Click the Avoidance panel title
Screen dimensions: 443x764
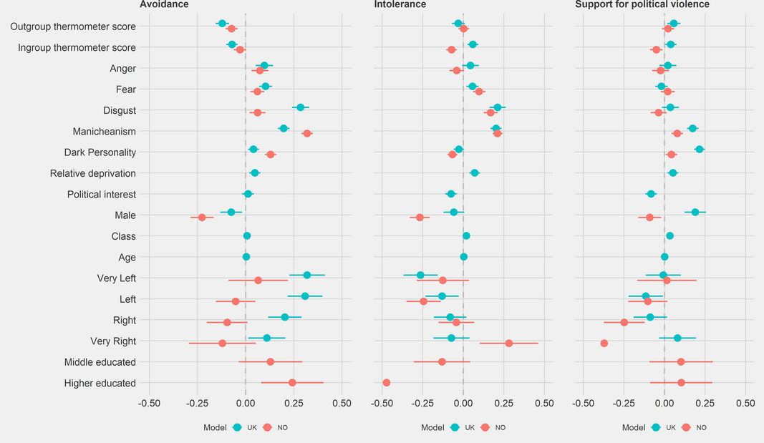[164, 5]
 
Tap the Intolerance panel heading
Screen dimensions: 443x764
[400, 5]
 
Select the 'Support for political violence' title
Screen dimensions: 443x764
[642, 5]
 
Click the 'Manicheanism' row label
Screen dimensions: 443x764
[104, 132]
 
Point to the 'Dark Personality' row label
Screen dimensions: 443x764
[100, 152]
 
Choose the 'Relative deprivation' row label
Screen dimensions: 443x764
[92, 173]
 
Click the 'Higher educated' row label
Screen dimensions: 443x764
[100, 383]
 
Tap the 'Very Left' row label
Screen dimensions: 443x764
[116, 278]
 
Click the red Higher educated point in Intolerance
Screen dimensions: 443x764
[387, 383]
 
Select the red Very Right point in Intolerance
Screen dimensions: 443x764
[509, 344]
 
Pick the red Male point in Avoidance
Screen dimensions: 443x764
[202, 218]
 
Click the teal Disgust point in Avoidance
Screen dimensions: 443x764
[300, 107]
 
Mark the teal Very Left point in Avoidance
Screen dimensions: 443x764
[307, 275]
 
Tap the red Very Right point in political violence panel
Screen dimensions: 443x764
[604, 344]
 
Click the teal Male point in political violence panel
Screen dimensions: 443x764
[695, 212]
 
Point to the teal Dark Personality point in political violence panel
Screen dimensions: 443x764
[700, 149]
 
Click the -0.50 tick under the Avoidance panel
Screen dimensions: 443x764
[149, 403]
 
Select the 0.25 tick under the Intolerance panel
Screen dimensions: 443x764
[504, 403]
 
